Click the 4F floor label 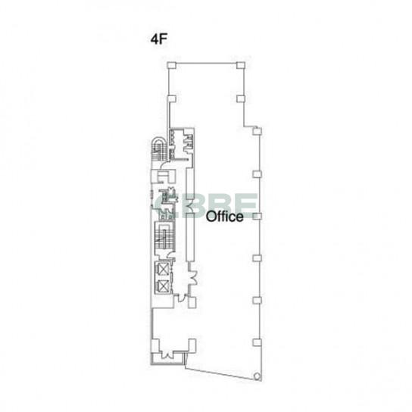tap(159, 39)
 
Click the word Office tap(225, 217)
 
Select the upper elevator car tap(162, 269)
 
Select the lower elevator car tap(162, 286)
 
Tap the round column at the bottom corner tap(257, 376)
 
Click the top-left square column tap(171, 65)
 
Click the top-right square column tap(241, 65)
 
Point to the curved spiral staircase tap(158, 149)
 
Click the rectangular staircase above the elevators tap(164, 236)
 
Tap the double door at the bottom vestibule tap(167, 354)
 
